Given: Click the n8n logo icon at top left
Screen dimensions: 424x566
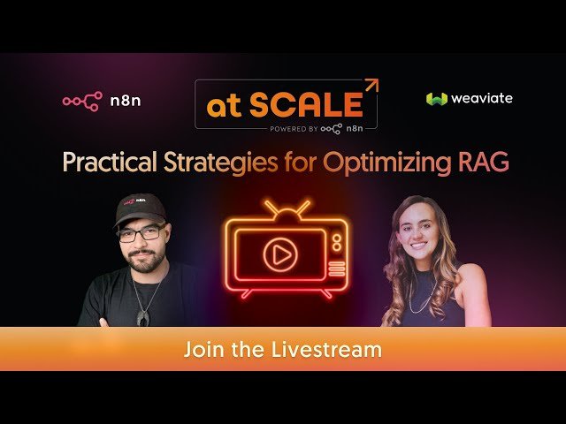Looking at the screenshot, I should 81,101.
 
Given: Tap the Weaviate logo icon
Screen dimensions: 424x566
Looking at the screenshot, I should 436,99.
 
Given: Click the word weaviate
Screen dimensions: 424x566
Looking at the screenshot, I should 481,98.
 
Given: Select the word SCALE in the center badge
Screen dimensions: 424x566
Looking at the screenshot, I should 305,105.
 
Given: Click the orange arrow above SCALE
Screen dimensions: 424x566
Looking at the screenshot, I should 371,86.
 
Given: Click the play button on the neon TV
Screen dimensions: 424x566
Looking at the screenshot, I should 279,255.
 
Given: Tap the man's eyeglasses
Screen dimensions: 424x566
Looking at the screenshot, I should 142,235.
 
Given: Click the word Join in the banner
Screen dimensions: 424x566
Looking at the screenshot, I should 201,350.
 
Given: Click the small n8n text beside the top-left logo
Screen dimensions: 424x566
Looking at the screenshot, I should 126,101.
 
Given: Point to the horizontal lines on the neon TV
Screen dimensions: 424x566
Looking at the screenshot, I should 336,268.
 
